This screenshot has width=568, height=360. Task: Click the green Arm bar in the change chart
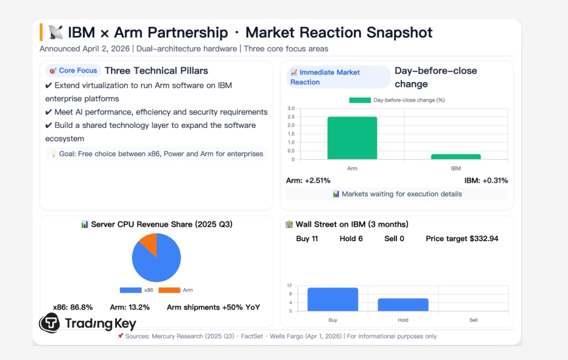click(352, 138)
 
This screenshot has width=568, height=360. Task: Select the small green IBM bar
click(456, 157)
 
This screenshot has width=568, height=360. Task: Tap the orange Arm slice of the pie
click(149, 243)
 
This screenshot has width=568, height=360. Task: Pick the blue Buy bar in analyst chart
click(332, 299)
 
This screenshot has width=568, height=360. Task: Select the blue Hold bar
click(403, 305)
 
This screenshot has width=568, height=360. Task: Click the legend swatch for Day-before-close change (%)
click(360, 100)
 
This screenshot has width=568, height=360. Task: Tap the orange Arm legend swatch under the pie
click(169, 290)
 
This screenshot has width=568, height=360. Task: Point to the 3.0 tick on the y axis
click(291, 109)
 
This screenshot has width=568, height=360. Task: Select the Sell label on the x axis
click(473, 320)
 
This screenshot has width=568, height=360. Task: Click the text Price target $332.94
click(462, 239)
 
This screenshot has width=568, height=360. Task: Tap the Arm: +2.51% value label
click(308, 180)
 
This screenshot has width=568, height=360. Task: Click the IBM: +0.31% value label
click(486, 180)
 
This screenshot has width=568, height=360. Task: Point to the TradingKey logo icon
click(49, 323)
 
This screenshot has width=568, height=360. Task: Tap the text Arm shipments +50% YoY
click(214, 307)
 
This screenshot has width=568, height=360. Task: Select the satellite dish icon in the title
click(56, 32)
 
